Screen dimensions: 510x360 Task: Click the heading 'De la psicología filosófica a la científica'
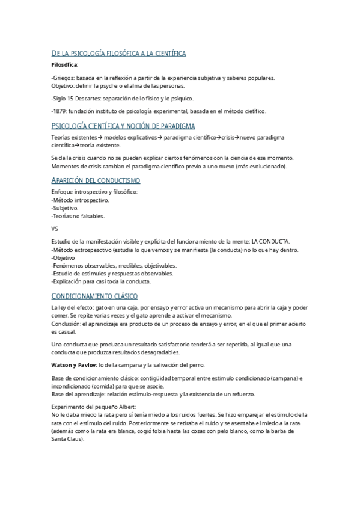118,54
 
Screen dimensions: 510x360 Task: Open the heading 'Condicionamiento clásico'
94,296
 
